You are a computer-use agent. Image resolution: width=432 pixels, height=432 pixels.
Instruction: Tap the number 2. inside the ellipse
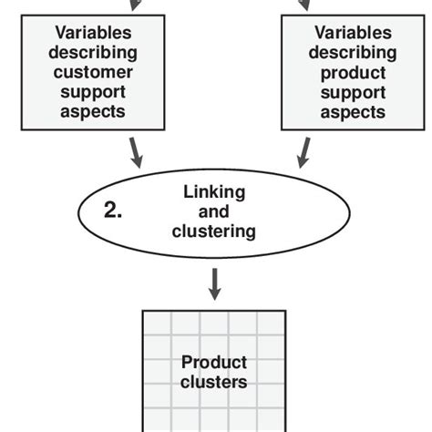coord(112,211)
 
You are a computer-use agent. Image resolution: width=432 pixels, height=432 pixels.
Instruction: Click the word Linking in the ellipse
coord(213,192)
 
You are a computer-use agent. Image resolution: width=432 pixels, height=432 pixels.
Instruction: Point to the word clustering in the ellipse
coord(213,231)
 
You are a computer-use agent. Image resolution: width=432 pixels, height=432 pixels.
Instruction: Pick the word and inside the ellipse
coord(213,211)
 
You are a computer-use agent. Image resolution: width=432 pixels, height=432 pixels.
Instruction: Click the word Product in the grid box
coord(214,362)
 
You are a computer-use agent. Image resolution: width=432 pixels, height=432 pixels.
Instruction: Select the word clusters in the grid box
coord(214,382)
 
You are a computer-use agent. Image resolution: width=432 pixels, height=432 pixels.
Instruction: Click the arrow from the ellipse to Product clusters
coord(214,283)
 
